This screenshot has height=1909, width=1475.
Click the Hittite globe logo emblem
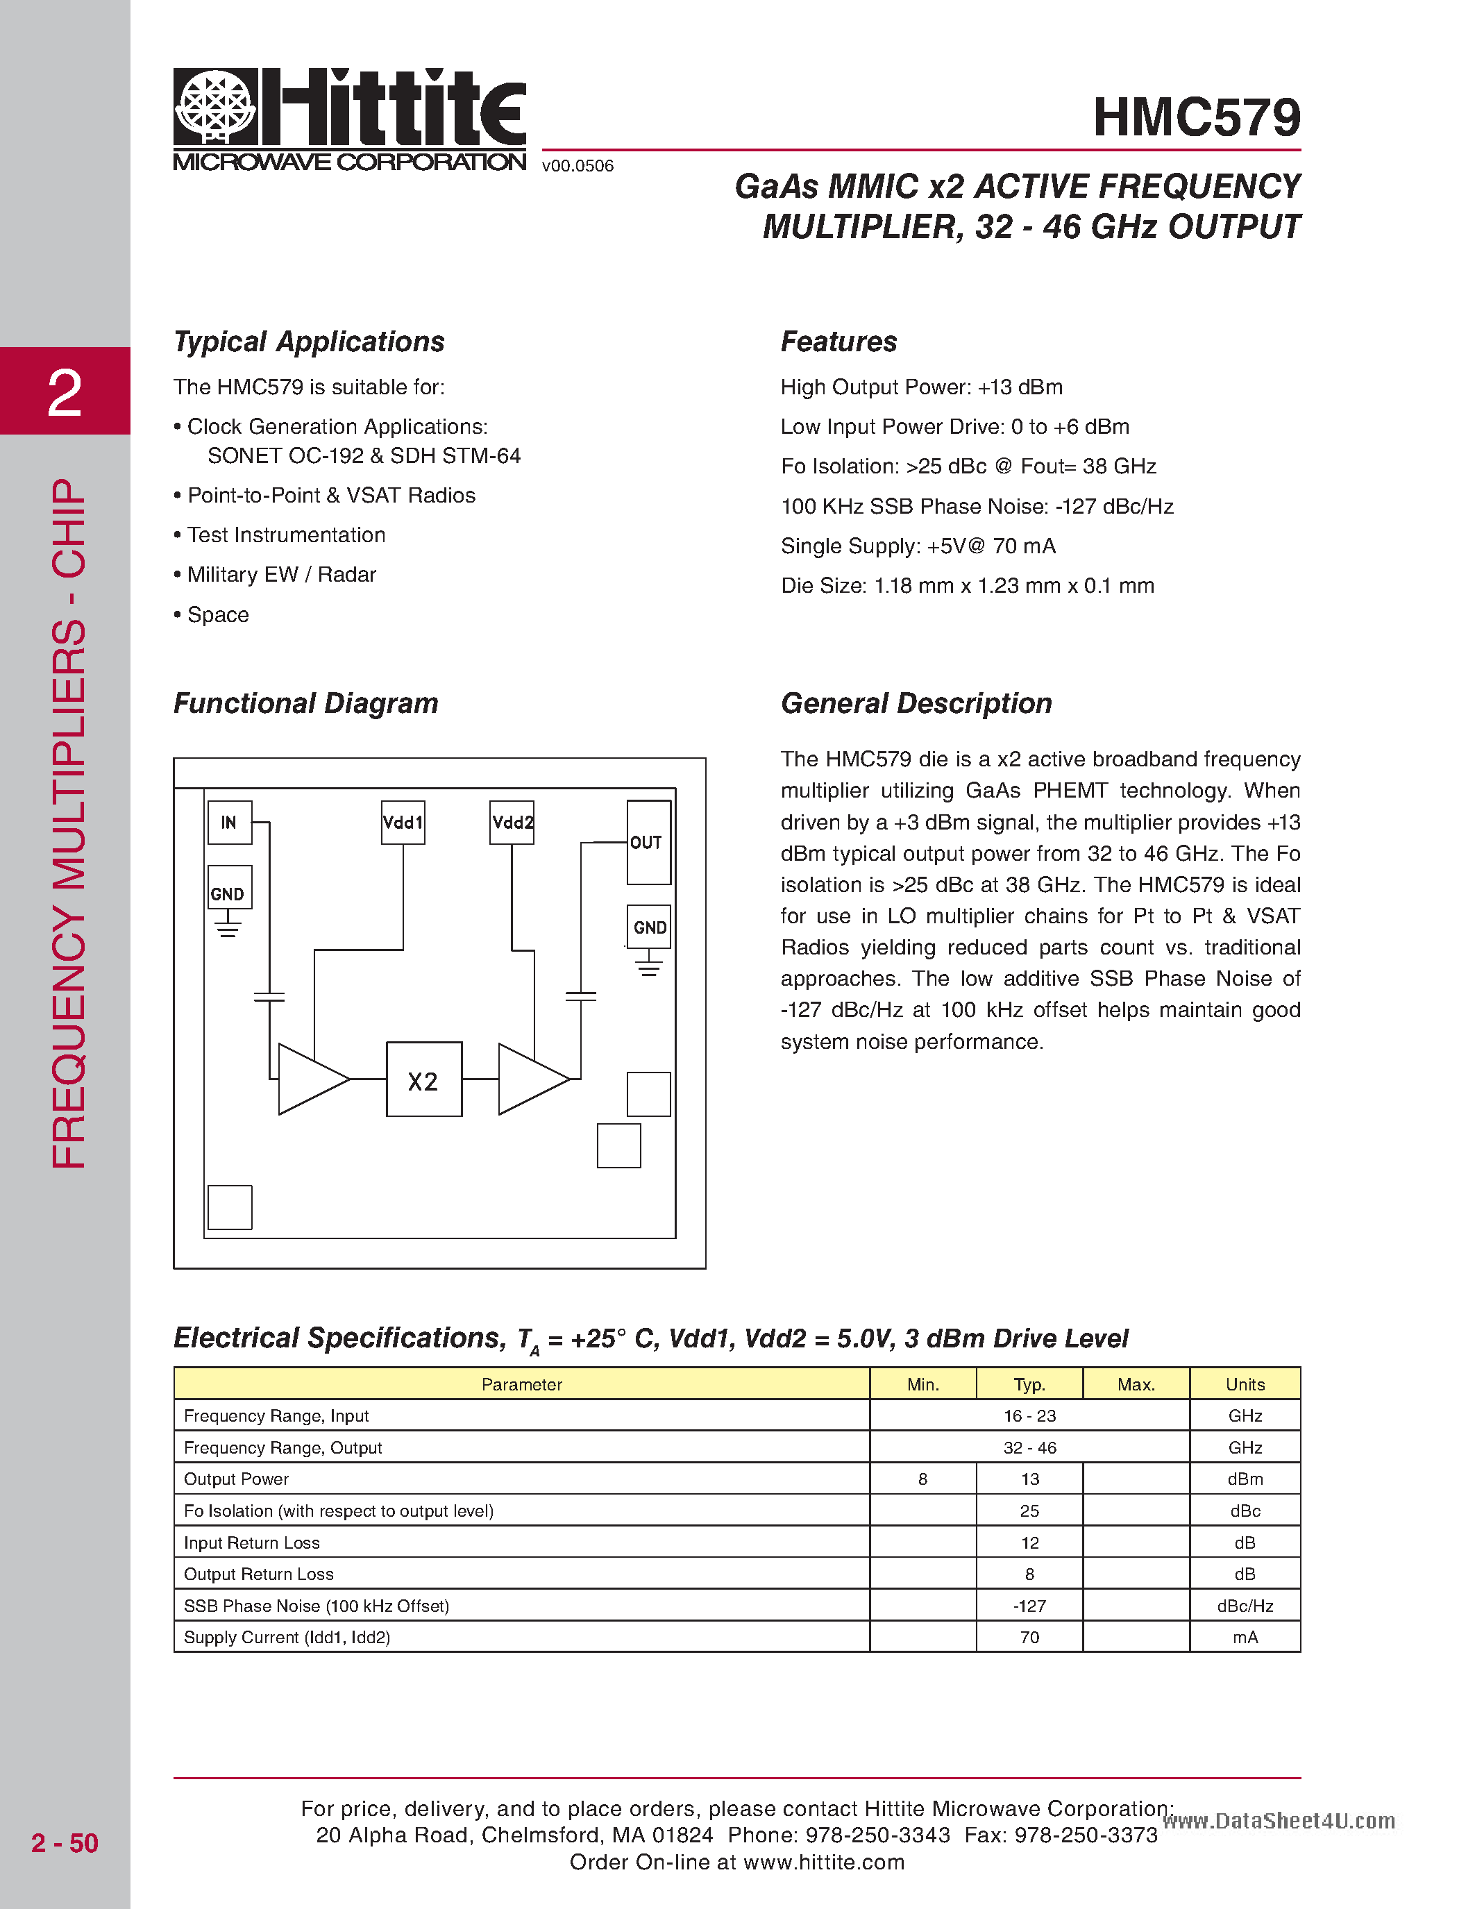coord(215,107)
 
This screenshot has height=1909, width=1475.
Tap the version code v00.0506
coord(578,166)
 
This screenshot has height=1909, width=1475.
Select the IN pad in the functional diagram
coord(230,823)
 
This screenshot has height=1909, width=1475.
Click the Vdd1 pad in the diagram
coord(403,823)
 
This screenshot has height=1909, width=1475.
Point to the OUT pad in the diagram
coord(648,843)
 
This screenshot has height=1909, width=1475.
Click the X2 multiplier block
coord(424,1079)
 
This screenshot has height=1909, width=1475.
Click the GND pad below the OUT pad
coord(649,927)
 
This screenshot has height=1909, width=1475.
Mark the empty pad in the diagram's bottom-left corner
coord(230,1207)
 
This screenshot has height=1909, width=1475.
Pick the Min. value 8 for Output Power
coord(922,1479)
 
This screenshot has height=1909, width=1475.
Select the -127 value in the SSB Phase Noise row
coord(1029,1606)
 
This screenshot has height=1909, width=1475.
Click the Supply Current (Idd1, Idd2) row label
coord(287,1637)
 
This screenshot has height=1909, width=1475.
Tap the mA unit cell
coord(1245,1637)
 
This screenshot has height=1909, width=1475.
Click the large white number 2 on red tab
coord(65,392)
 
